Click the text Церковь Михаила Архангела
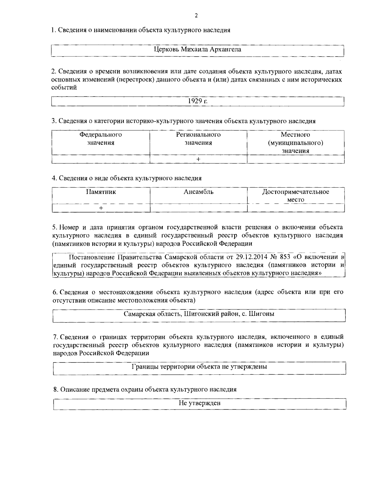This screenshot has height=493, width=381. tap(197, 50)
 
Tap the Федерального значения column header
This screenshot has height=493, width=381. tap(101, 139)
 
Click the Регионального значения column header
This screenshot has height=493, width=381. tap(198, 139)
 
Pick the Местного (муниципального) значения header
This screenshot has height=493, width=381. tap(296, 143)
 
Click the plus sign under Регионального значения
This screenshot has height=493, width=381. tap(198, 159)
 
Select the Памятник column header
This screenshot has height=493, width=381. tap(101, 192)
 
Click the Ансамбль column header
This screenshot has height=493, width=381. tap(198, 192)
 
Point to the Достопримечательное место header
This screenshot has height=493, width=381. tap(296, 196)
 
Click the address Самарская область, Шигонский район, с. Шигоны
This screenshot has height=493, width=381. tap(199, 314)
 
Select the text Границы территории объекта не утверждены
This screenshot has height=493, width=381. tap(199, 367)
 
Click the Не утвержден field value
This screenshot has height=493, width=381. tap(199, 403)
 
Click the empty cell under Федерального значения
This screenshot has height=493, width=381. tap(101, 159)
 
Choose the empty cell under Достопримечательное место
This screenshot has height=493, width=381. tap(296, 208)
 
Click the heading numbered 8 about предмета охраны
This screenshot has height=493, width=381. tap(144, 390)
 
